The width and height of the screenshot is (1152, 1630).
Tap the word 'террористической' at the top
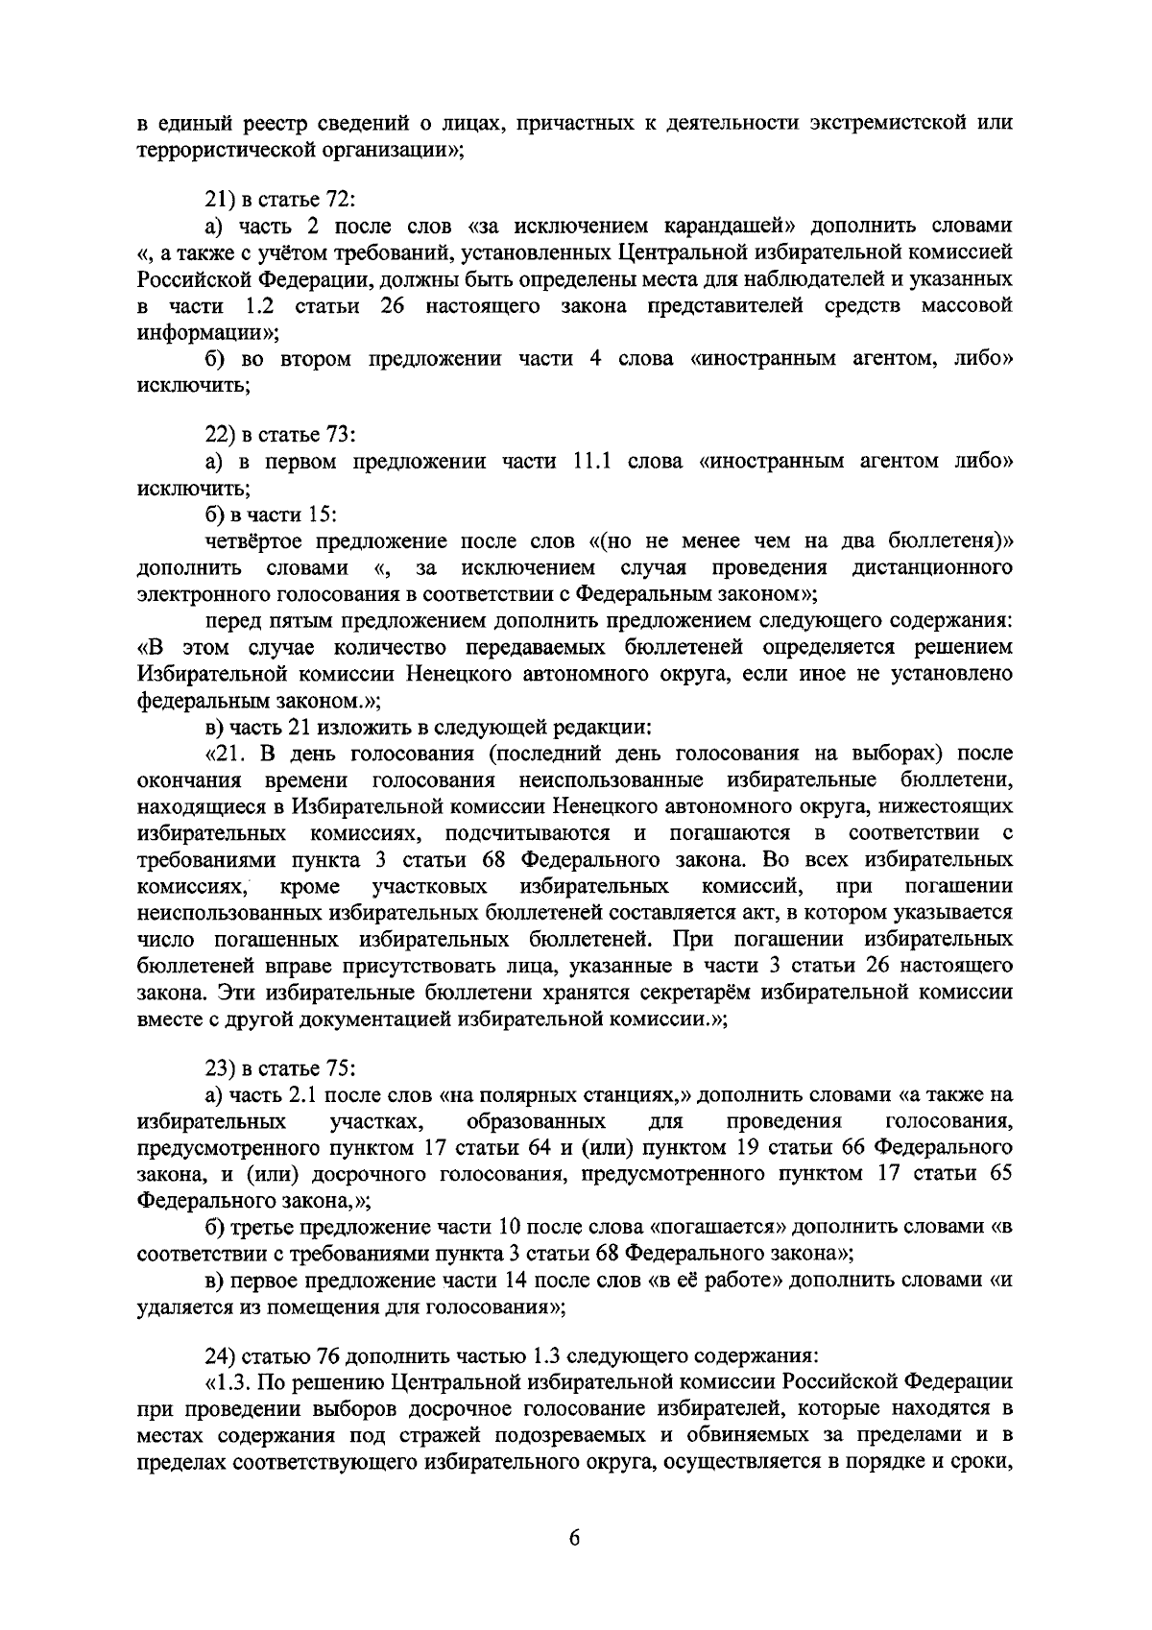(x=214, y=150)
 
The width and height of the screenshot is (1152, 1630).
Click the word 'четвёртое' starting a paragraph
(x=250, y=541)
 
